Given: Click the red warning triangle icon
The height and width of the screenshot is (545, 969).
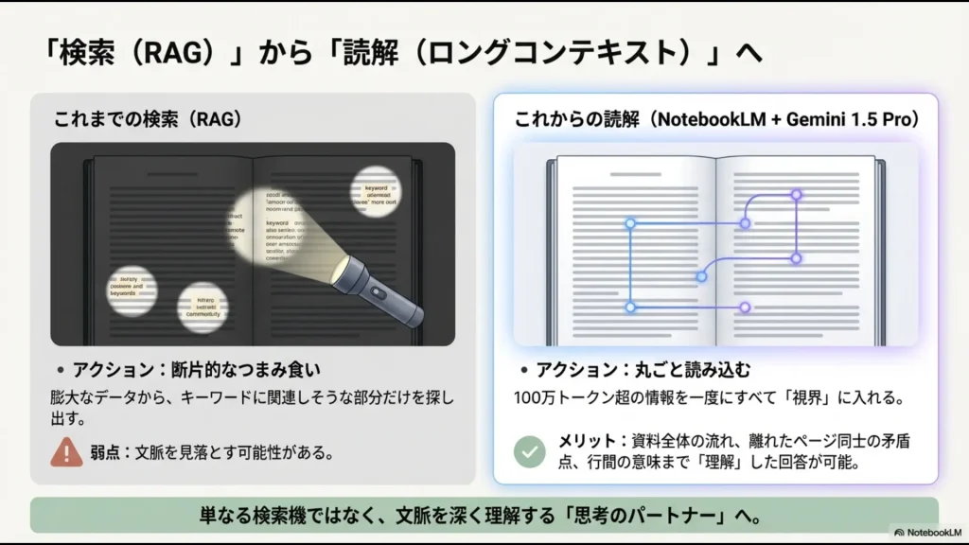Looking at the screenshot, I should [66, 452].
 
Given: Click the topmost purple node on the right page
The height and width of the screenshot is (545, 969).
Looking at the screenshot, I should [796, 195].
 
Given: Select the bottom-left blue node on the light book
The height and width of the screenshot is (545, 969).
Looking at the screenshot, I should [630, 307].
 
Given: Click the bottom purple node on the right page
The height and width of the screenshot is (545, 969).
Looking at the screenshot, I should [745, 307].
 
